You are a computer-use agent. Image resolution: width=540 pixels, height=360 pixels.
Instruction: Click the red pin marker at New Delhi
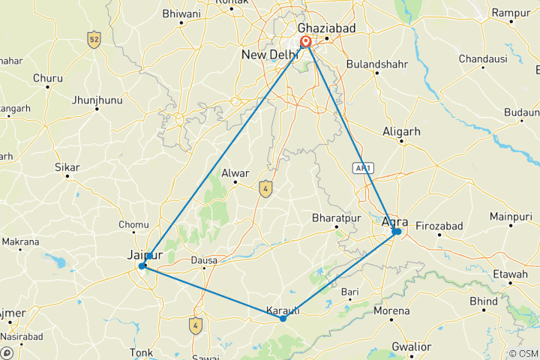pos(306,42)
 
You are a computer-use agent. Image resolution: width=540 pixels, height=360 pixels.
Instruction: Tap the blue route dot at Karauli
pos(283,319)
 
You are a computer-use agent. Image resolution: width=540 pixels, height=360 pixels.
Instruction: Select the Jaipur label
pos(145,256)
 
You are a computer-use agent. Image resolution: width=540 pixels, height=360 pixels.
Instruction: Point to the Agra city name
pos(394,221)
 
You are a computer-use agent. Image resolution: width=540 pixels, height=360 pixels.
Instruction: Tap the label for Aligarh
pos(402,131)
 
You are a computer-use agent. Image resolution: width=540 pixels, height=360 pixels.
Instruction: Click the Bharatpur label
pos(331,218)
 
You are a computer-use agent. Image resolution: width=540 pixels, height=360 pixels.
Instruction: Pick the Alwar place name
pos(235,173)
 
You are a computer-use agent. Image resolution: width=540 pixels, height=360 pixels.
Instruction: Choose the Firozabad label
pos(439,226)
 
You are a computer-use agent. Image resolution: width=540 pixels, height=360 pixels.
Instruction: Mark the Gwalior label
pos(411,346)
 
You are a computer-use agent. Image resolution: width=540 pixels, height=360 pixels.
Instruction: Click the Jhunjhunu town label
pos(96,99)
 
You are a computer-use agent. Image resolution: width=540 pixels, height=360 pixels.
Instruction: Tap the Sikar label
pos(67,167)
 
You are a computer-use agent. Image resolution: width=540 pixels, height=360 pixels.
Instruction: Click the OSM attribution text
pos(522,353)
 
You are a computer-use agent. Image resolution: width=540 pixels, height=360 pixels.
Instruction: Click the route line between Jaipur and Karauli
pos(212,292)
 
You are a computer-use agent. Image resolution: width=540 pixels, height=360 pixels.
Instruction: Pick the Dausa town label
pos(204,261)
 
